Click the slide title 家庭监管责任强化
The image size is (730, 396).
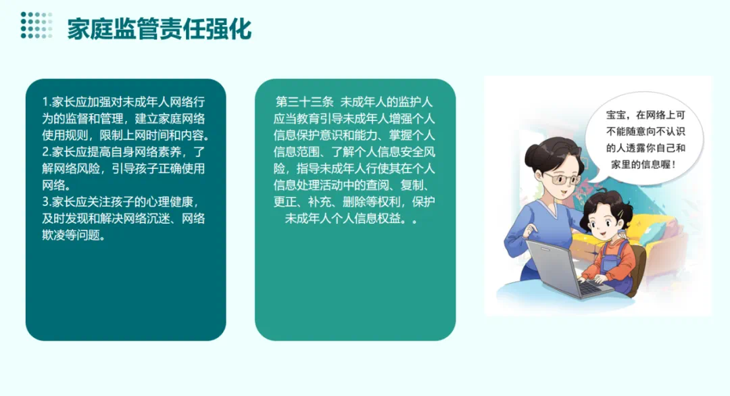[x=160, y=28]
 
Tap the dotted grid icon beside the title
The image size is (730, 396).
[x=36, y=25]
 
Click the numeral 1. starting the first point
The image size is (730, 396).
[x=47, y=102]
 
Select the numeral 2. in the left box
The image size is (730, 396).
[x=47, y=151]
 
